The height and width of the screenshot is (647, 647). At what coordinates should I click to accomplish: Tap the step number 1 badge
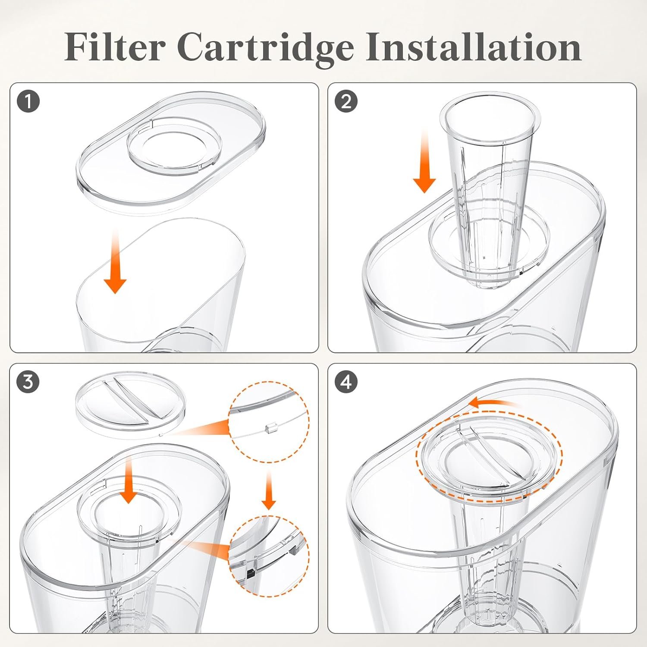28,102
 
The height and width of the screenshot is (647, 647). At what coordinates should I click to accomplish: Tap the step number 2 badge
346,102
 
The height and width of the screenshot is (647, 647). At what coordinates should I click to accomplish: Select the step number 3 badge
28,382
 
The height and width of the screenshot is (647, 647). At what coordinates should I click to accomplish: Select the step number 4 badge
346,382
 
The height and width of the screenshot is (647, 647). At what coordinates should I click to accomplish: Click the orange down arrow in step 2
425,164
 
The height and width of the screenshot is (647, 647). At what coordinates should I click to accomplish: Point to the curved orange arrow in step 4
492,403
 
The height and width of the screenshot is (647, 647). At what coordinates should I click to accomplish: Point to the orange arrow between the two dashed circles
268,492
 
